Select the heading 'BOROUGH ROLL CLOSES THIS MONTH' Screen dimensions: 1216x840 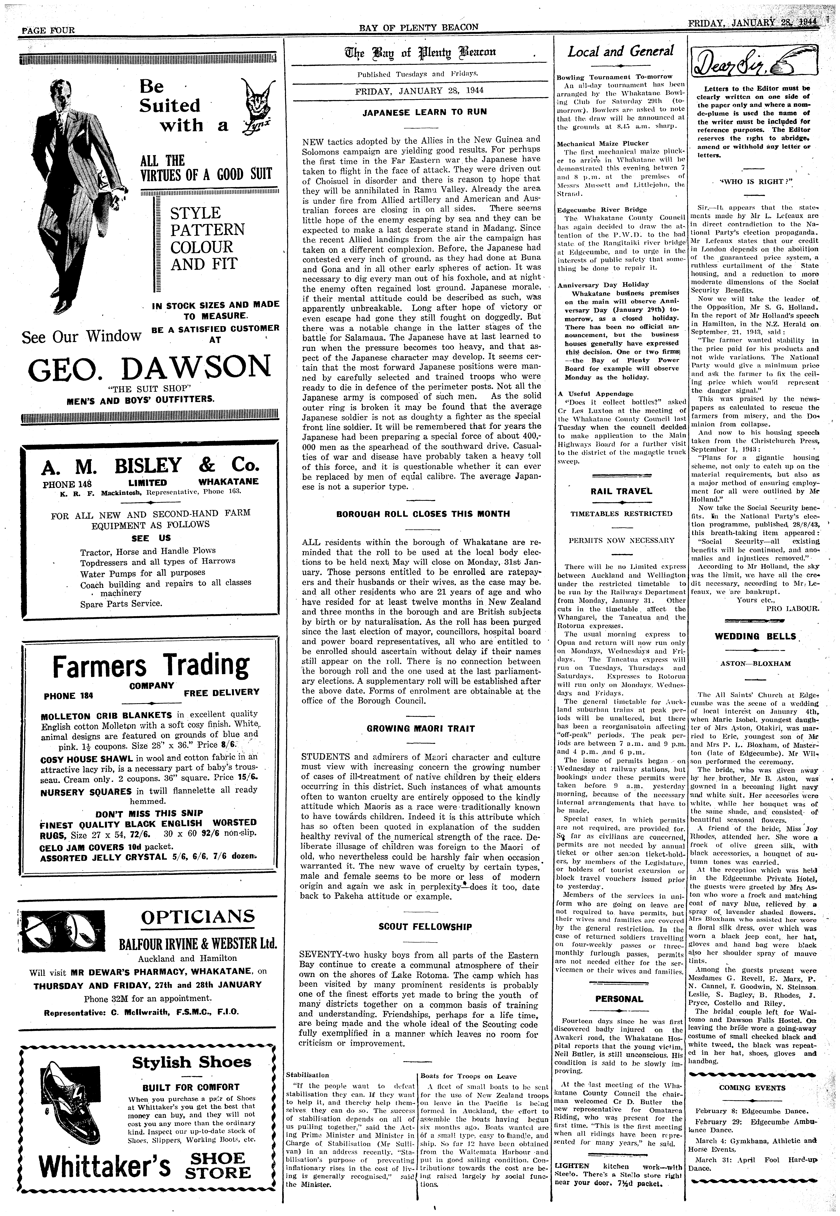(423, 514)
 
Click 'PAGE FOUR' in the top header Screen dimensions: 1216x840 (47, 30)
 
